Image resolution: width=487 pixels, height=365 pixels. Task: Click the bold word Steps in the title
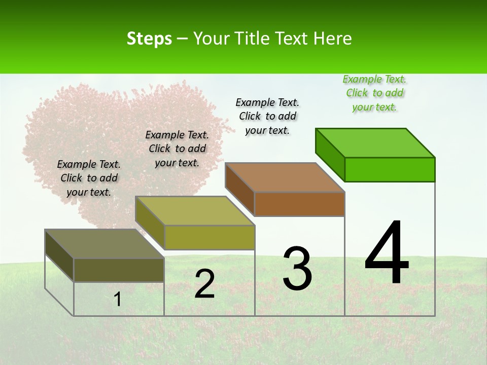tap(149, 39)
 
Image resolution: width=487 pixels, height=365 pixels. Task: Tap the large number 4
tap(387, 253)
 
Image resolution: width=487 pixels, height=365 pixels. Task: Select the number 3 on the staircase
tap(297, 269)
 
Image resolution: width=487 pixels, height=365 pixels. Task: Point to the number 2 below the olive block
tap(204, 284)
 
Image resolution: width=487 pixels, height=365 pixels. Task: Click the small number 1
tap(118, 299)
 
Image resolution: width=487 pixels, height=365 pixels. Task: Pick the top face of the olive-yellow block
tap(195, 211)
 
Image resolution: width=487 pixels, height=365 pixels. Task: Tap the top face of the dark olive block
tap(105, 244)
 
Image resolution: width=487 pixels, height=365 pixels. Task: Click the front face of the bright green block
tap(390, 169)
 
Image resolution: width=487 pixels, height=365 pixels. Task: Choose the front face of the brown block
tap(299, 204)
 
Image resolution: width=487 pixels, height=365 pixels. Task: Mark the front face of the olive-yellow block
tap(210, 238)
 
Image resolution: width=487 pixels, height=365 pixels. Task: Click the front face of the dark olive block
tap(119, 270)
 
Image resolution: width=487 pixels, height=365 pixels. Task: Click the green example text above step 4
tap(374, 93)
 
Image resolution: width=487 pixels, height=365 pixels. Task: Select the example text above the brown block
tap(267, 116)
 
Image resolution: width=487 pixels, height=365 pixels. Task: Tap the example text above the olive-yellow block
tap(177, 149)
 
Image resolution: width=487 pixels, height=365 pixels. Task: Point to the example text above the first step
tap(89, 178)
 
